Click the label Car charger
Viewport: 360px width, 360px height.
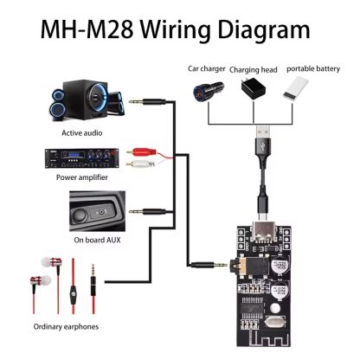click(208, 67)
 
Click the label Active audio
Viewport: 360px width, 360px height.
click(83, 133)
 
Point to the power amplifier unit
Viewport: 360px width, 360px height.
click(82, 159)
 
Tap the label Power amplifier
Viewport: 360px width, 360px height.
click(83, 177)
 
